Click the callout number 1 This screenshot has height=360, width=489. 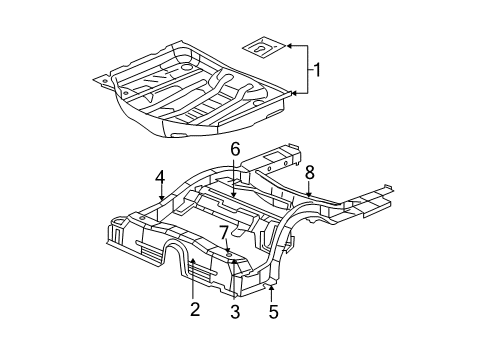click(x=317, y=70)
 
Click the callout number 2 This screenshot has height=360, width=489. click(x=195, y=309)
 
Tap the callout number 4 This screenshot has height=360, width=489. click(x=160, y=180)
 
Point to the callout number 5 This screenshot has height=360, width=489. click(x=273, y=311)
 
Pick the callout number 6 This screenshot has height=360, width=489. click(x=236, y=149)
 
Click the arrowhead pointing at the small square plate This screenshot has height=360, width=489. click(x=285, y=46)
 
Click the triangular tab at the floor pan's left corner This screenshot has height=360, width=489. click(x=103, y=75)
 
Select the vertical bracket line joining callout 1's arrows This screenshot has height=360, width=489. click(x=306, y=70)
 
